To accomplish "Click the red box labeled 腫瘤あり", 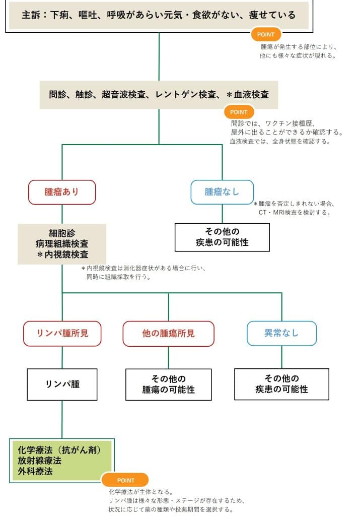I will coord(62,192).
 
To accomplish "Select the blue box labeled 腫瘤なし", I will coord(222,192).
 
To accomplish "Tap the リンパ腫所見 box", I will coord(62,333).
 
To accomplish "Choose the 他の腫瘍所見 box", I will coord(169,333).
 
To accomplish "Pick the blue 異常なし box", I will coord(281,333).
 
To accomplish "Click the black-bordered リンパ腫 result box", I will coord(62,384).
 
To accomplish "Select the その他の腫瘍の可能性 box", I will coord(169,384).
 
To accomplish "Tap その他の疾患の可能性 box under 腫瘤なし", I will coord(222,237).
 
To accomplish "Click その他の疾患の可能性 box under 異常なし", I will coord(281,384).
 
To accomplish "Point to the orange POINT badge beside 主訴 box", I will coord(266,34).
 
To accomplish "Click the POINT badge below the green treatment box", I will coord(125,480).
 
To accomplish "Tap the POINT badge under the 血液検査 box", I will coord(239,112).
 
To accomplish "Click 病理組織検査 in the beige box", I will coord(62,244).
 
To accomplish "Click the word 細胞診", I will coord(62,233).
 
